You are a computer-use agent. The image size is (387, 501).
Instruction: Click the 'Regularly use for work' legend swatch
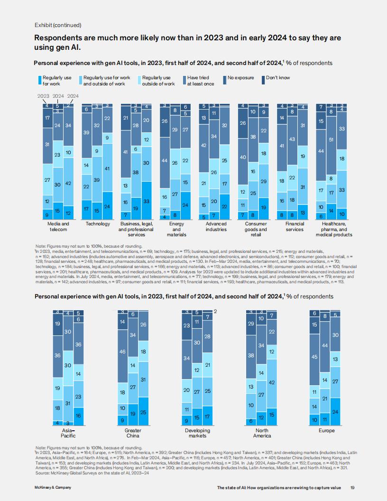pos(40,80)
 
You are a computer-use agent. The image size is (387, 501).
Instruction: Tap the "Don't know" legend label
pos(278,78)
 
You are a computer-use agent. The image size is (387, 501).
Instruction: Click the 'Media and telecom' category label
pos(58,226)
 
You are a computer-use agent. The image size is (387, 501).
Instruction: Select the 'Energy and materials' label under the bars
pos(176,229)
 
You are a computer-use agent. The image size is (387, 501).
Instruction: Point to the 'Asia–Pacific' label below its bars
pos(68,433)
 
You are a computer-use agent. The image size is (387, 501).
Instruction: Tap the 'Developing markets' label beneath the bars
pos(197,433)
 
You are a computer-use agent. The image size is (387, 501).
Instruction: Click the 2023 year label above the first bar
pos(44,96)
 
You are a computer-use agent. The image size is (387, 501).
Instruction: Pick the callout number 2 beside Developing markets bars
pos(215,311)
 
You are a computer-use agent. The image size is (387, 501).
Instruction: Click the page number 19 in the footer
pos(352,488)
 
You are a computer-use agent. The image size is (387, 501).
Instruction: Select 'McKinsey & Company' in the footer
pos(53,488)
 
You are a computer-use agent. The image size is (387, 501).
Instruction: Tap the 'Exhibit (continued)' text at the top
pos(58,25)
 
